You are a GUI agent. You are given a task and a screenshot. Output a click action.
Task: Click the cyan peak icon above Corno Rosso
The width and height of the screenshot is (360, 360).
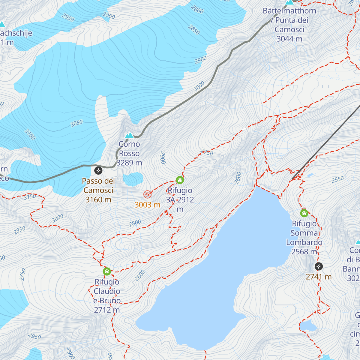point(129,135)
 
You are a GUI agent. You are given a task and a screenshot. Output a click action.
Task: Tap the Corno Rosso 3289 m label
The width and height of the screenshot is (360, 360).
point(129,153)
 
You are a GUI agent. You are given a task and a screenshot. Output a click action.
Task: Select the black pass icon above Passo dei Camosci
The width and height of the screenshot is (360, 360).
point(98,171)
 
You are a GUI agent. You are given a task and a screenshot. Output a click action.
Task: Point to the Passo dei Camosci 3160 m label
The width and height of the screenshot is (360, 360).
point(98,190)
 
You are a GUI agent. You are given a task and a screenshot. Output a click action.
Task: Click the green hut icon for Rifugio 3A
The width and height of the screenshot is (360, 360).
point(180,180)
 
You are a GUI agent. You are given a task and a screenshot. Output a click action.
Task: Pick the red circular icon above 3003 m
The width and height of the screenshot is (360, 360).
point(147,194)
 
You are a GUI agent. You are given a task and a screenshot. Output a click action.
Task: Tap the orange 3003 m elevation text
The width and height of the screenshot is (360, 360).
point(147,205)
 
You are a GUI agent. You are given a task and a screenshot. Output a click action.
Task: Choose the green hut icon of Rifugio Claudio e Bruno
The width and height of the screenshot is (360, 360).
point(107,271)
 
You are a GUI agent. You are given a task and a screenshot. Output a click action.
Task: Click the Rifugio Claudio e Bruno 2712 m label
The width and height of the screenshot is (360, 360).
point(107,296)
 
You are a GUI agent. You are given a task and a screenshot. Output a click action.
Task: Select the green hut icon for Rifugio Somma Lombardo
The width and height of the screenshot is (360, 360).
point(304,213)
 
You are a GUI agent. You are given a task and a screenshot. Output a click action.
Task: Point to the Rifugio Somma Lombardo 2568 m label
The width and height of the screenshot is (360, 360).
point(304,237)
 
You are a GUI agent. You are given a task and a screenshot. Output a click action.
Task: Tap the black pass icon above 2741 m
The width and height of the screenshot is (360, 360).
point(319,266)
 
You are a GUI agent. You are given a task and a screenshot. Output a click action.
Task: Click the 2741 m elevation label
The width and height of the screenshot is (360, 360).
point(319,277)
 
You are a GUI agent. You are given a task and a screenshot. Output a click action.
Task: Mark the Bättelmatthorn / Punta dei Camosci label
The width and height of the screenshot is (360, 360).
point(289,25)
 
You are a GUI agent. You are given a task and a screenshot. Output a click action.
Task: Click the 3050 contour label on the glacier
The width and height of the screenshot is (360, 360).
point(76,123)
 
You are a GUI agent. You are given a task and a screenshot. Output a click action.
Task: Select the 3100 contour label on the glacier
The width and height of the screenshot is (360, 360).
point(30,134)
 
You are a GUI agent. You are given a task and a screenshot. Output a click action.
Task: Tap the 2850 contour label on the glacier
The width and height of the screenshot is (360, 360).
point(194,30)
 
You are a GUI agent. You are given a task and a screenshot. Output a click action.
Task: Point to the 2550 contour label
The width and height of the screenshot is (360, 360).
point(337,179)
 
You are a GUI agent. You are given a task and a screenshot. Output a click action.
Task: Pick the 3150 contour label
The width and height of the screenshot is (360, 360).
point(30,197)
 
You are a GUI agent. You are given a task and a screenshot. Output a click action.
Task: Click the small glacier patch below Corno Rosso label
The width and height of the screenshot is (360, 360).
point(133,179)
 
